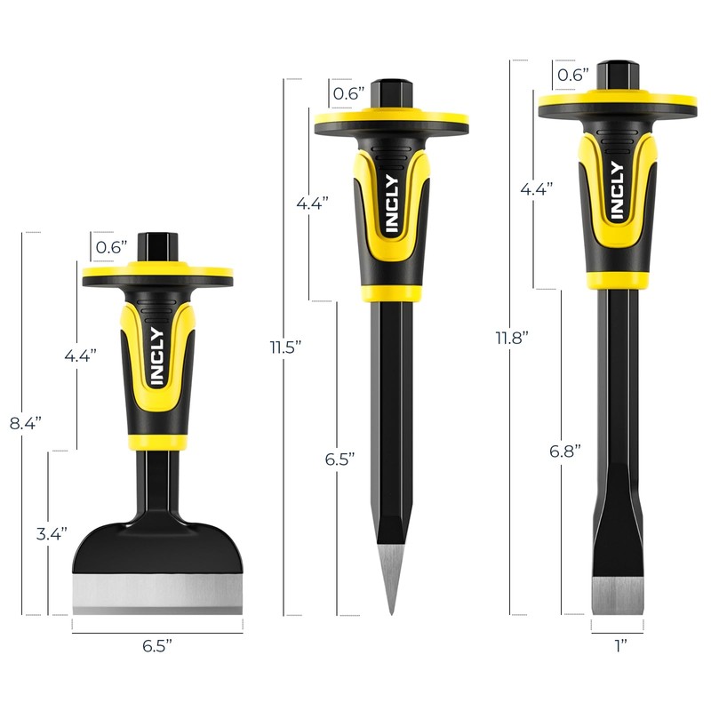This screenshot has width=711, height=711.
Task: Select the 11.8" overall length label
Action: coord(513,338)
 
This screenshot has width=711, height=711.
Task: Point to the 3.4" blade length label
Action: coord(52,534)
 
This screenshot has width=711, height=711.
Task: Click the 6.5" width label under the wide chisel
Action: coord(157,646)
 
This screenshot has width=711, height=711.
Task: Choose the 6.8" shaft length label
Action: coord(564,451)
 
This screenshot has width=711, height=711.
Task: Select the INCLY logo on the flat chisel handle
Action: coord(616,191)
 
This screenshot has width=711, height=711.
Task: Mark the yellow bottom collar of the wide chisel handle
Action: coord(157,441)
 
